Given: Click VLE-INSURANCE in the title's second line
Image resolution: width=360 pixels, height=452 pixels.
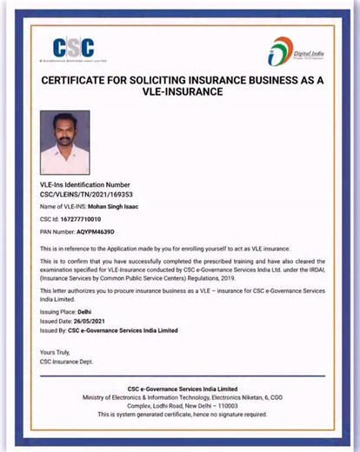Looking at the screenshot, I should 179,91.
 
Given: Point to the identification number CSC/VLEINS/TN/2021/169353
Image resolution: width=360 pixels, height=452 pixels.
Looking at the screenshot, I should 86,195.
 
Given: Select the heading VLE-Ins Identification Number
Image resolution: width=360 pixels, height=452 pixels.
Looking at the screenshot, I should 84,186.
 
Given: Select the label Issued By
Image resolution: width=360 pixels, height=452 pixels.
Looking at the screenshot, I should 52,331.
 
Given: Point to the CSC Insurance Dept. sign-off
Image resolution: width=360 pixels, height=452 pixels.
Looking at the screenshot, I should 66,360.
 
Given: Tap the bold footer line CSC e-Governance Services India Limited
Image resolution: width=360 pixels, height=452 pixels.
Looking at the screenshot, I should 180,388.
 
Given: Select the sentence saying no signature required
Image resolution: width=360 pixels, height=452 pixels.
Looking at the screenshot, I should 180,415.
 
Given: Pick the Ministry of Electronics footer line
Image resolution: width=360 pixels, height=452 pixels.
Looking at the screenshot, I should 180,396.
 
